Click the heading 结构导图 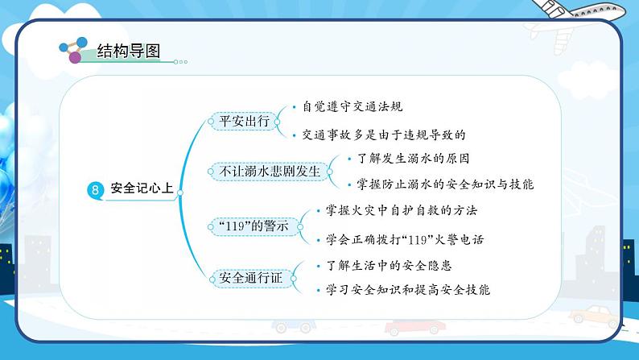coord(128,52)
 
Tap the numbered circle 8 coord(94,191)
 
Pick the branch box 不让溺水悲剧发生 coord(270,172)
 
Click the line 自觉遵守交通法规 coord(352,107)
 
